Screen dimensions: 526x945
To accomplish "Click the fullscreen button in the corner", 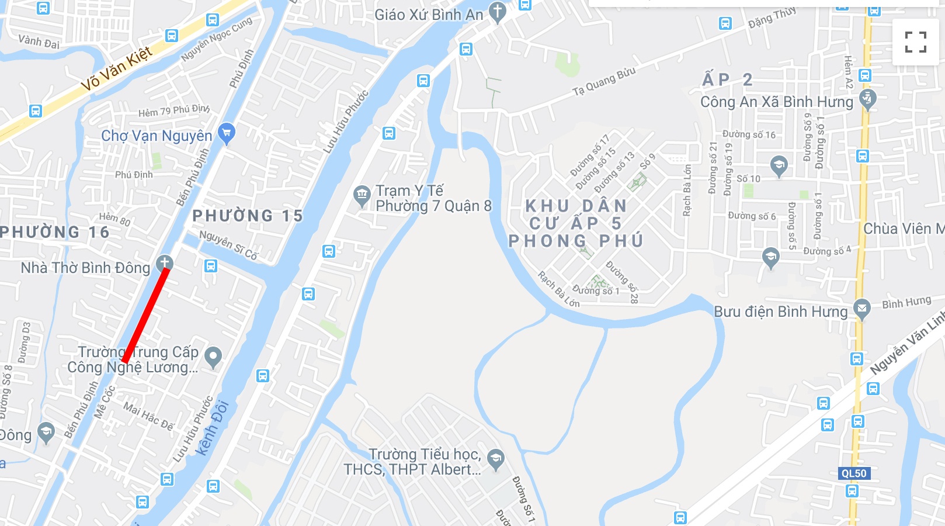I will click(x=915, y=41).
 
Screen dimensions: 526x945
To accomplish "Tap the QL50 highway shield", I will click(x=854, y=473).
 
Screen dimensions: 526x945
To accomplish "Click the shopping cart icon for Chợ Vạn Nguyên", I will click(x=226, y=133).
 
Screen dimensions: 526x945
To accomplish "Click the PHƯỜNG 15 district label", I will click(x=248, y=216).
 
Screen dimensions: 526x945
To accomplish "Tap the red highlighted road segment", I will click(x=146, y=316).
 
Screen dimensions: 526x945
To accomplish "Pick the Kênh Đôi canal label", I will click(x=212, y=428).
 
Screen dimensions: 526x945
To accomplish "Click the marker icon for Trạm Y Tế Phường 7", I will click(x=362, y=196).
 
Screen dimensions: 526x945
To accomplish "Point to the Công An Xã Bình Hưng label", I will click(x=777, y=102).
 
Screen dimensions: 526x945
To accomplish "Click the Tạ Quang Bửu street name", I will click(x=604, y=82).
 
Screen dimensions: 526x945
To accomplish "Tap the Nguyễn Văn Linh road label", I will click(x=907, y=344).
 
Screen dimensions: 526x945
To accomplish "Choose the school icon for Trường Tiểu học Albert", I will click(x=496, y=459).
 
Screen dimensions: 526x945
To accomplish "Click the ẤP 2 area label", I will click(x=727, y=79).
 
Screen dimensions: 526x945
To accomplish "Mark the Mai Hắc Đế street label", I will click(x=148, y=417).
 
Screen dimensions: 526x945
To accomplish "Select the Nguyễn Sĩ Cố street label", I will click(x=228, y=245).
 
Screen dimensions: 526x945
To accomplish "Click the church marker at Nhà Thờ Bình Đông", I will click(x=165, y=263).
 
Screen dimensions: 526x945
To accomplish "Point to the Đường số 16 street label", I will click(x=749, y=134).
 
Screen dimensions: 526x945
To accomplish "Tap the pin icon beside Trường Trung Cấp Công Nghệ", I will click(x=213, y=356).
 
